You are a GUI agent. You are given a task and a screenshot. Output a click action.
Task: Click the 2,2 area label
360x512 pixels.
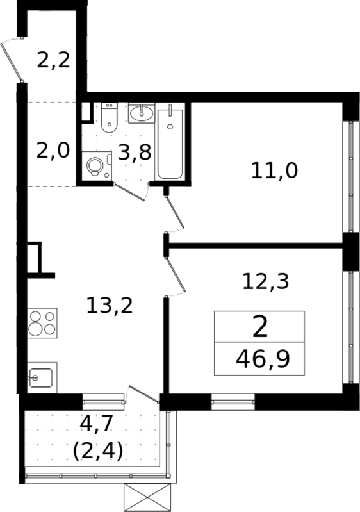pos(53,61)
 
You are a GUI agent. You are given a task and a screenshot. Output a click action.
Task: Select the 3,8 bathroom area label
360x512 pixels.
pos(135,153)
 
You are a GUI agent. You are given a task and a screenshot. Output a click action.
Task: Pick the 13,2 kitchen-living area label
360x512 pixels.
pos(110,306)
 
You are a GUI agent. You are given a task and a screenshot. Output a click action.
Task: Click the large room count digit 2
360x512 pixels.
pos(260,327)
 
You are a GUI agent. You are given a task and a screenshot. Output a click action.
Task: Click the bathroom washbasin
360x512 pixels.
pos(141,114)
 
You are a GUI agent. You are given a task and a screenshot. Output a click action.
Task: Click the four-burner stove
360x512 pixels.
pos(42,323)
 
